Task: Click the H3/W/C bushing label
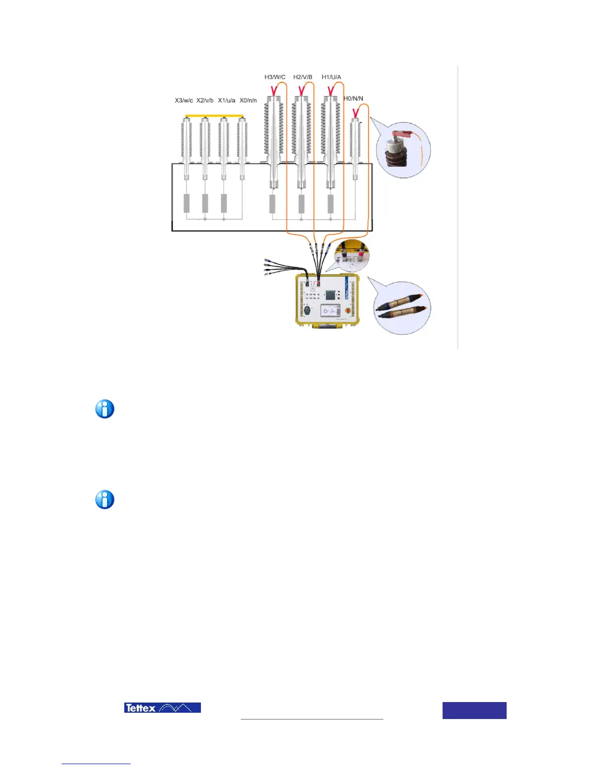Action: (275, 77)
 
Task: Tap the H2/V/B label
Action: (303, 77)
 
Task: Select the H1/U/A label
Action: (331, 77)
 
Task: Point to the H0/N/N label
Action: (353, 98)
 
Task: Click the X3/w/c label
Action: (184, 100)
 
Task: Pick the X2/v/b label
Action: (205, 100)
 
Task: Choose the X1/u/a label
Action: (227, 100)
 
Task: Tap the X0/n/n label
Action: (248, 100)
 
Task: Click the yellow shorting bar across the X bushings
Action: (214, 116)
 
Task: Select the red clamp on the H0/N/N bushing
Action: (356, 114)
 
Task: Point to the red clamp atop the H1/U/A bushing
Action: (331, 90)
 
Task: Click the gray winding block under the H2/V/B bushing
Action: (301, 204)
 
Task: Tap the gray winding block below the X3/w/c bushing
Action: (187, 203)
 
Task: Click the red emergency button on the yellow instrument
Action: (347, 310)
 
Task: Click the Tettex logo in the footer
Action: (163, 708)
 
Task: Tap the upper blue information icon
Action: (105, 409)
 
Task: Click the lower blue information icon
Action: (105, 500)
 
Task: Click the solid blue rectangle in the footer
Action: (474, 710)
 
